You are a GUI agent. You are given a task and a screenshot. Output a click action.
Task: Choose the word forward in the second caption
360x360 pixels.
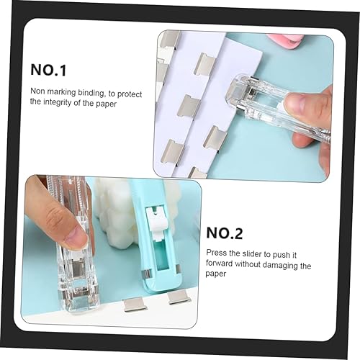click(221, 265)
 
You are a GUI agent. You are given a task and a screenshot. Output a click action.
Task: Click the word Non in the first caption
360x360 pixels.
click(37, 91)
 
